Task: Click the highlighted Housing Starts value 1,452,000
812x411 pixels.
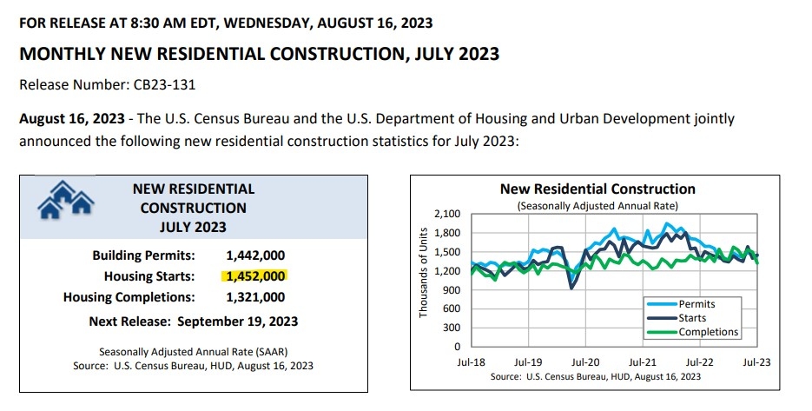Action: pyautogui.click(x=254, y=276)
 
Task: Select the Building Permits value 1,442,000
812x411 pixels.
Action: pyautogui.click(x=254, y=256)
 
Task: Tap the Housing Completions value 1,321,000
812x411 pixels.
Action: pyautogui.click(x=254, y=297)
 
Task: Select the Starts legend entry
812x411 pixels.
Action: pyautogui.click(x=692, y=318)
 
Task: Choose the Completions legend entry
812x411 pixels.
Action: pyautogui.click(x=708, y=332)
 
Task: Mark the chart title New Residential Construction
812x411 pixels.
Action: pyautogui.click(x=597, y=189)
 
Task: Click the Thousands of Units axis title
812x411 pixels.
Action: pyautogui.click(x=424, y=273)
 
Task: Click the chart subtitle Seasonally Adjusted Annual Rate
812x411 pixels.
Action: pyautogui.click(x=597, y=206)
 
